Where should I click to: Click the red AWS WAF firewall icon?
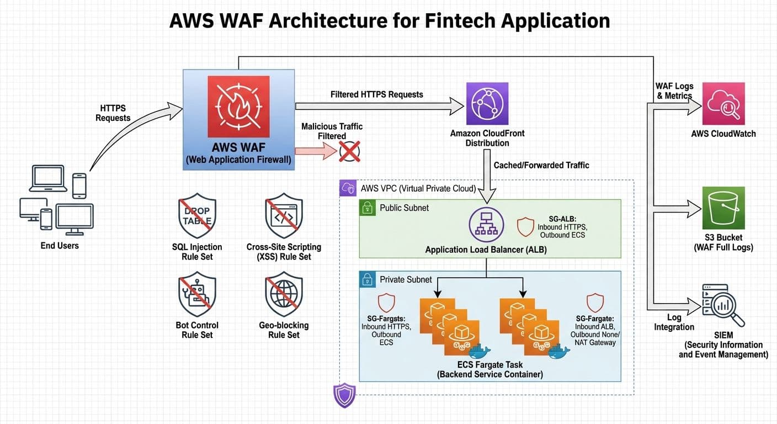pos(239,107)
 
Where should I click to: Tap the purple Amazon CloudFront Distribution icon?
pos(487,103)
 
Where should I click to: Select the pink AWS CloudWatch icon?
pos(723,104)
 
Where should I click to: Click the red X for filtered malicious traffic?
pos(349,151)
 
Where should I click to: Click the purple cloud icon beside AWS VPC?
pos(348,188)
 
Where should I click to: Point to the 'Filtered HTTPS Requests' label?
pos(376,94)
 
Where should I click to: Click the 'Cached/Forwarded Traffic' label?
pos(541,165)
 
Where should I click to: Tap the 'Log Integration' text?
pos(674,322)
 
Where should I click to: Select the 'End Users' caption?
pos(60,246)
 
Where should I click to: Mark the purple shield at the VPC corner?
pos(344,395)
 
